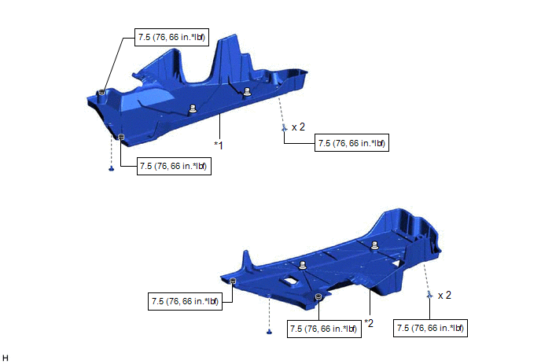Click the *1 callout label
pyautogui.click(x=219, y=145)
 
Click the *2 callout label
pyautogui.click(x=369, y=323)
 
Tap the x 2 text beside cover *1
pyautogui.click(x=298, y=127)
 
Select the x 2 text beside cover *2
pyautogui.click(x=444, y=295)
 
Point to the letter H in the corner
pyautogui.click(x=6, y=358)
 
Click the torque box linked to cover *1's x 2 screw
pyautogui.click(x=351, y=143)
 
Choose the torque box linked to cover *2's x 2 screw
pyautogui.click(x=430, y=328)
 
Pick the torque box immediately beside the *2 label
pyautogui.click(x=324, y=329)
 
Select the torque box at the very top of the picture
pyautogui.click(x=171, y=37)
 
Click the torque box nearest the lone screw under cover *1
pyautogui.click(x=174, y=167)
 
